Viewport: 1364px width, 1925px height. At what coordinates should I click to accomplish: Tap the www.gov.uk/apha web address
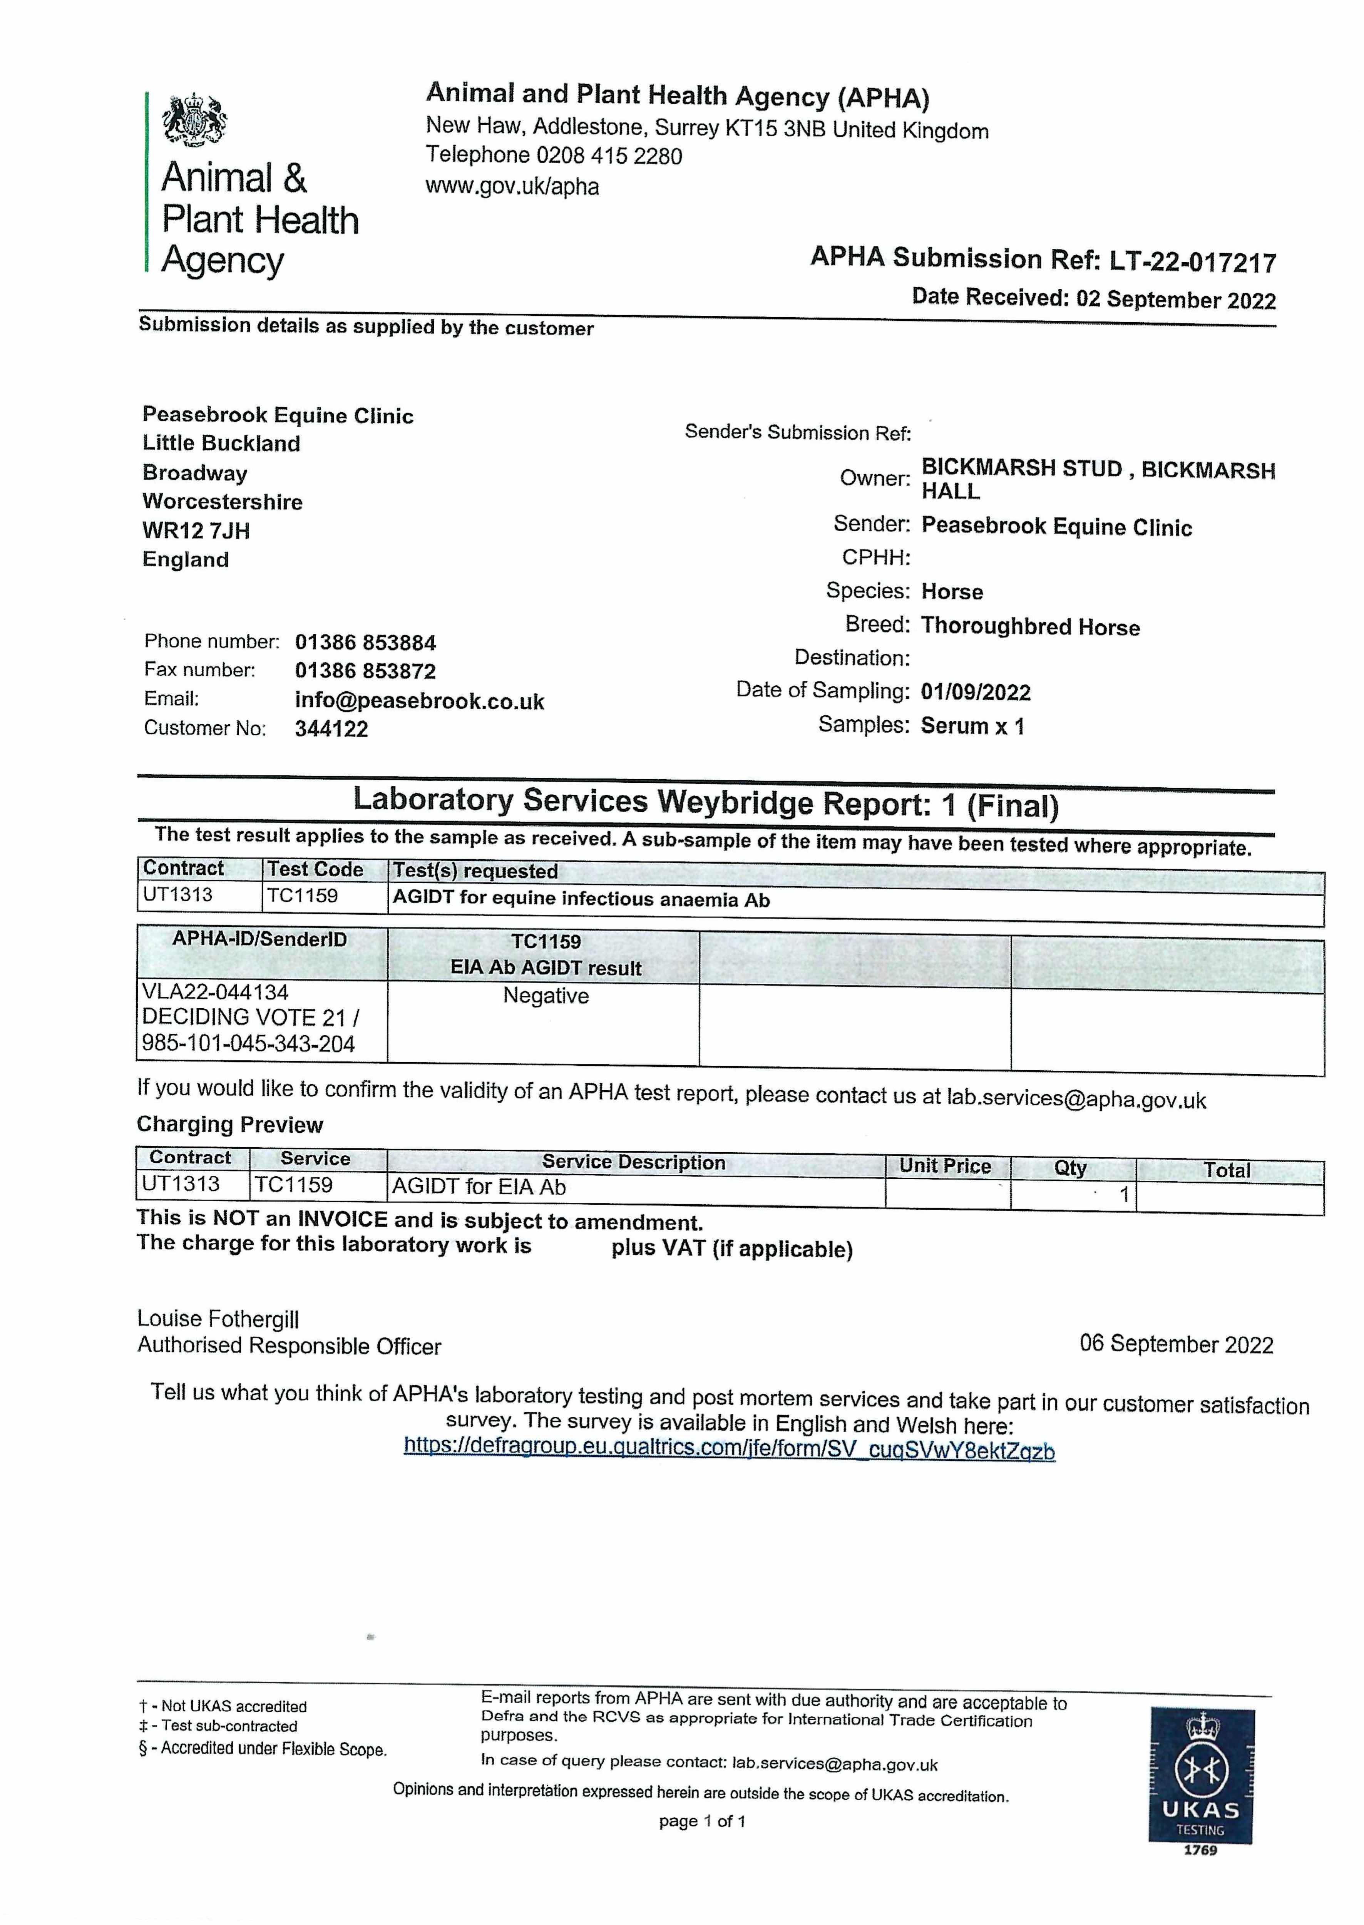tap(512, 186)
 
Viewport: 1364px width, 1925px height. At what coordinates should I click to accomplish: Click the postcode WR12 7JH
tap(196, 531)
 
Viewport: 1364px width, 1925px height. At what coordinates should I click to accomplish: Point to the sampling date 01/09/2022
tap(975, 692)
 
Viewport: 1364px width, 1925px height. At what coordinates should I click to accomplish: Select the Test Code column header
tap(315, 869)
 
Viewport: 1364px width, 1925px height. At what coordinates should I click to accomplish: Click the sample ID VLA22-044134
tap(215, 992)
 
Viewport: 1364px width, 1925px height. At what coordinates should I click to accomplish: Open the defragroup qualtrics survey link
tap(729, 1449)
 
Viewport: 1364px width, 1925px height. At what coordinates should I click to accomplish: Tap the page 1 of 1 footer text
tap(702, 1821)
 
